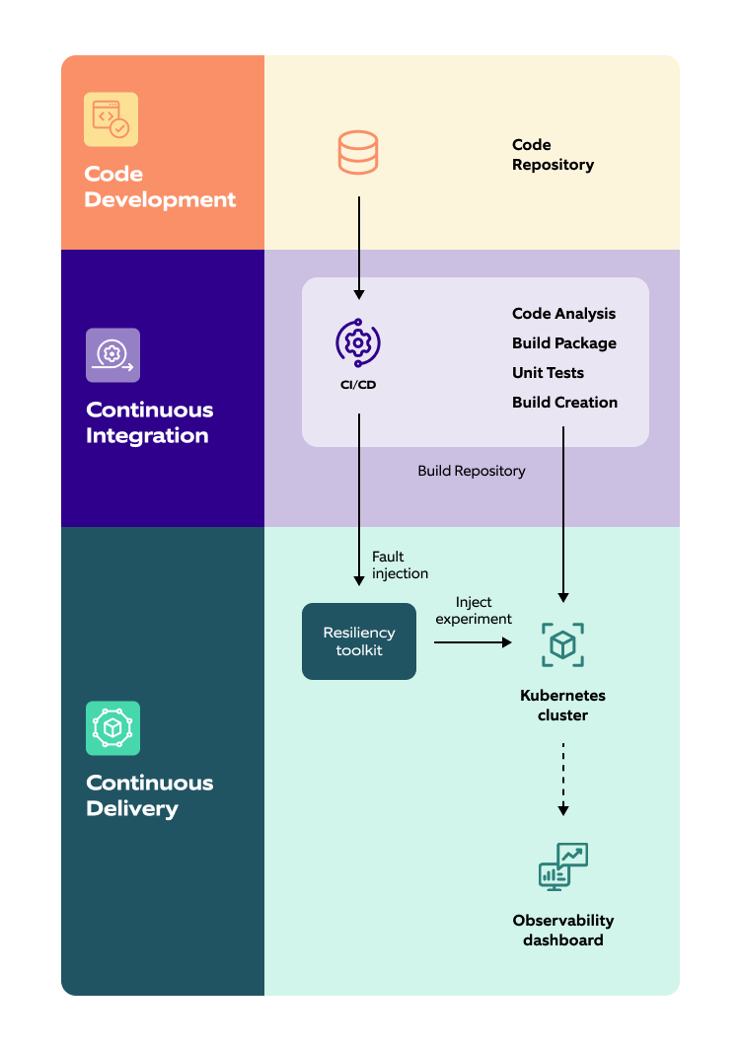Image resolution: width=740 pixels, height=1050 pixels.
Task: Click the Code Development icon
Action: click(x=111, y=119)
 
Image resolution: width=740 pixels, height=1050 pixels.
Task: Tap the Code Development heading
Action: click(x=160, y=187)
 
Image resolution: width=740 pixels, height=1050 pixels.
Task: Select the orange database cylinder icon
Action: click(x=358, y=153)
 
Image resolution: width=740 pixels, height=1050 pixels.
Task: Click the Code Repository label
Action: click(x=553, y=155)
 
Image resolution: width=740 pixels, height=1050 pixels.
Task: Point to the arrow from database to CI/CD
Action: click(x=359, y=247)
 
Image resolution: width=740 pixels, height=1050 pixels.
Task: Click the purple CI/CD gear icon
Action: click(x=358, y=342)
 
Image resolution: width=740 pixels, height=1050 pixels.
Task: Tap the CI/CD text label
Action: click(x=358, y=385)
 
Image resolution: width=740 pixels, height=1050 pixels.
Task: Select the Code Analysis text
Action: click(x=563, y=314)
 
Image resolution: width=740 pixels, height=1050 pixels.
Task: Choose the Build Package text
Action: click(x=564, y=343)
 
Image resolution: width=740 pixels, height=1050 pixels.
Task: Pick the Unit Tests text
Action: click(x=548, y=373)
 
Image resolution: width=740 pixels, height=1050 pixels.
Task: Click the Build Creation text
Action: click(x=564, y=403)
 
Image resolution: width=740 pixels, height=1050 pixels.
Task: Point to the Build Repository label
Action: click(x=472, y=471)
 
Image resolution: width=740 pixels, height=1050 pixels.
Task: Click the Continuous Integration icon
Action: click(x=112, y=354)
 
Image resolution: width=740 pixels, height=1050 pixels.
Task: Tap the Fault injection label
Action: click(x=400, y=564)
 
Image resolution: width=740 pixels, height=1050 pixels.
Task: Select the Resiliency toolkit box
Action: click(x=359, y=641)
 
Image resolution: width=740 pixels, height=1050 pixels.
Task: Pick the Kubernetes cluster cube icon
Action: click(x=563, y=644)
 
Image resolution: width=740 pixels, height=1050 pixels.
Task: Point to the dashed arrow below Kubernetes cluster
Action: click(x=563, y=778)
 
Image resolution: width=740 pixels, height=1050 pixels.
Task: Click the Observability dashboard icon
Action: click(x=563, y=867)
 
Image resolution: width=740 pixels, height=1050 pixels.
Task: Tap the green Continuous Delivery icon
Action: click(x=112, y=728)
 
